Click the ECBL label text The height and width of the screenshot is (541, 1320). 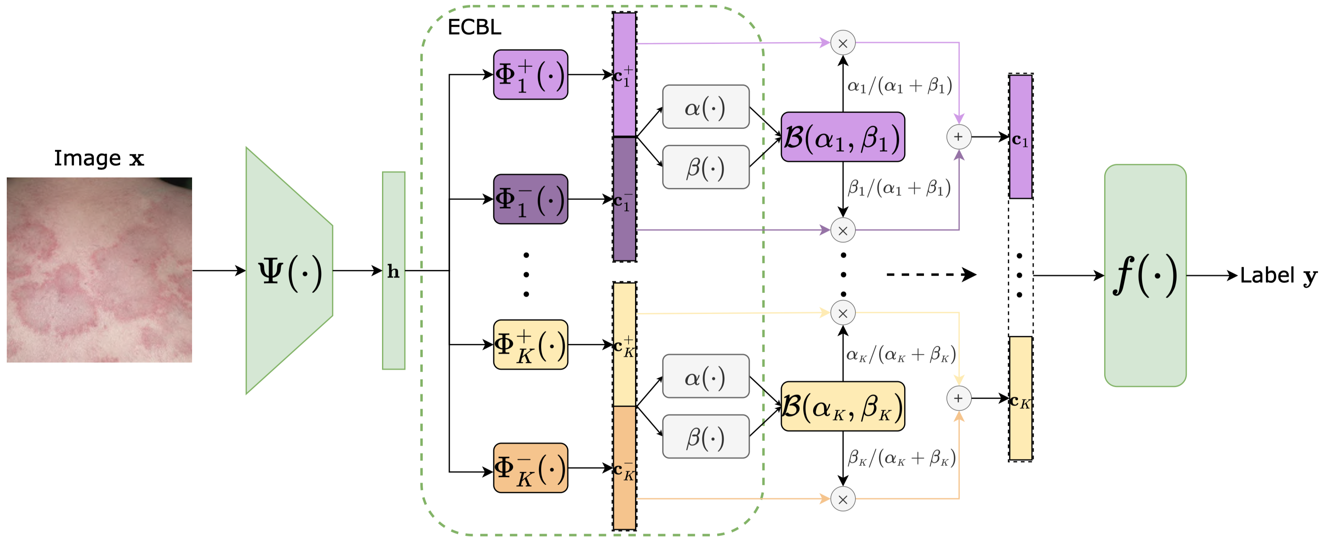click(474, 27)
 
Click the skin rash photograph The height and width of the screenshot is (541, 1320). click(99, 270)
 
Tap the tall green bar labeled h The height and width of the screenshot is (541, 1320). click(393, 270)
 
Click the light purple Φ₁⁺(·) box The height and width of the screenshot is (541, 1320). click(531, 75)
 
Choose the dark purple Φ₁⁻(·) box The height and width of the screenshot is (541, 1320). click(531, 199)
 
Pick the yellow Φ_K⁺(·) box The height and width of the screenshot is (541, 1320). click(531, 344)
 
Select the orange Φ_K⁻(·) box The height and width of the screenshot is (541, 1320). click(531, 468)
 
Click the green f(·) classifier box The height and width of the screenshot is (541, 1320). click(1145, 276)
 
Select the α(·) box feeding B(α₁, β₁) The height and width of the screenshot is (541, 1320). click(706, 107)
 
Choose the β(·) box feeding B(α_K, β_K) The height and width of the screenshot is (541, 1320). click(706, 437)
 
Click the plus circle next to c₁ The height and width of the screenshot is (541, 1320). click(958, 137)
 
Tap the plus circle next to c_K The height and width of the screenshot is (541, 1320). click(958, 398)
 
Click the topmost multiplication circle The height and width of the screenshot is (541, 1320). click(842, 43)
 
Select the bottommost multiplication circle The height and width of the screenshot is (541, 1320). click(842, 499)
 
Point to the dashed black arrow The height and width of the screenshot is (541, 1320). click(930, 275)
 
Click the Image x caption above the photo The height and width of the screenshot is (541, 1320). click(99, 158)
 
